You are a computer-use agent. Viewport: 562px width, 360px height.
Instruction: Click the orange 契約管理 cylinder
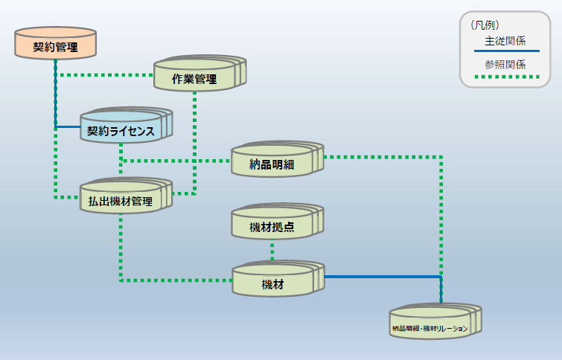pyautogui.click(x=56, y=46)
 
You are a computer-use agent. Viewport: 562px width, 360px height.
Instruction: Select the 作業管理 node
pyautogui.click(x=194, y=77)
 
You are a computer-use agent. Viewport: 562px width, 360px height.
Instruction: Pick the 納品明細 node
pyautogui.click(x=272, y=163)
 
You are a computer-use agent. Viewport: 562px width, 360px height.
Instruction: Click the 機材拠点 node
pyautogui.click(x=272, y=225)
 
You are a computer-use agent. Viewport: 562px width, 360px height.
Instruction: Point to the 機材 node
pyautogui.click(x=272, y=283)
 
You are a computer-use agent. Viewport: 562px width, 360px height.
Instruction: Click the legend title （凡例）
pyautogui.click(x=485, y=25)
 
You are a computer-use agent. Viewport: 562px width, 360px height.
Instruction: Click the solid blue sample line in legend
pyautogui.click(x=506, y=51)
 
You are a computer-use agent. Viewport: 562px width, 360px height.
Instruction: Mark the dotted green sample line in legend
pyautogui.click(x=506, y=76)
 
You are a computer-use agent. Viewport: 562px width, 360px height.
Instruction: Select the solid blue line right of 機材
pyautogui.click(x=380, y=277)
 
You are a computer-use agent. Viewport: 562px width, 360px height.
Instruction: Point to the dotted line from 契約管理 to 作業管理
pyautogui.click(x=104, y=75)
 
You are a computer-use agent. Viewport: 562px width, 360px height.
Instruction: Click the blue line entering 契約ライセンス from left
pyautogui.click(x=68, y=126)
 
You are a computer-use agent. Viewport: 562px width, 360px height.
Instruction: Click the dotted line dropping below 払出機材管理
pyautogui.click(x=121, y=245)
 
